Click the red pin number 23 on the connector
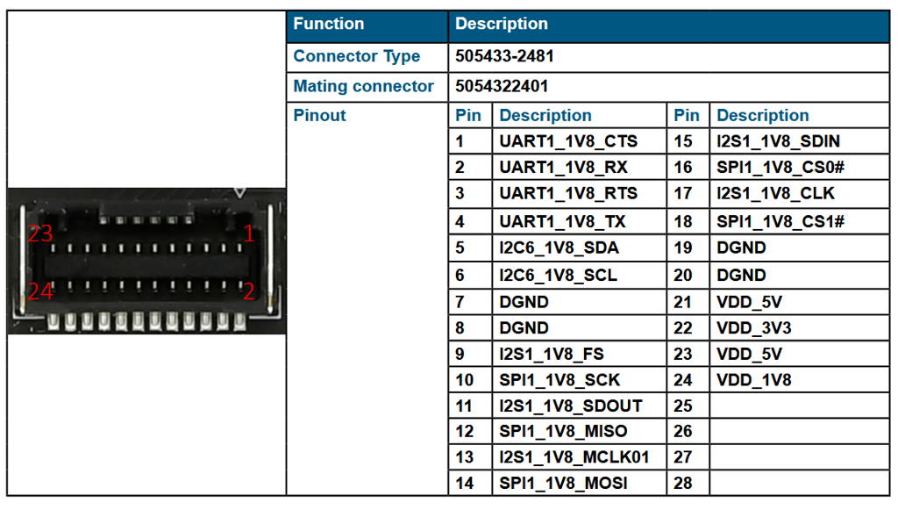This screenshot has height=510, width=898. click(x=39, y=234)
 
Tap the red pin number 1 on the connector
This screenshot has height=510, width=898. click(x=249, y=233)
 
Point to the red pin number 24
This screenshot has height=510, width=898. click(x=40, y=292)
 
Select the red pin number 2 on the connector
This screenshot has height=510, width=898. click(x=249, y=291)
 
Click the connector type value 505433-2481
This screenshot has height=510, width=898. click(x=504, y=57)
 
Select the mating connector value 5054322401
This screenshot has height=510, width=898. click(x=502, y=86)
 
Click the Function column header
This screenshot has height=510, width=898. click(x=328, y=25)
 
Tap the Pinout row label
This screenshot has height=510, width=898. click(x=319, y=116)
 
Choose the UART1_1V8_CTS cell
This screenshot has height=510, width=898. click(x=568, y=141)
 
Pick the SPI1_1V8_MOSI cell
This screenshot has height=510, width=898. click(x=563, y=484)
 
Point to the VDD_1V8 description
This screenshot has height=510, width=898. click(x=753, y=381)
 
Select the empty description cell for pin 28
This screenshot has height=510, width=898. click(x=798, y=484)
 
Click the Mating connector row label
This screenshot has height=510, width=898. click(x=363, y=86)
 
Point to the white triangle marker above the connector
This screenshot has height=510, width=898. click(x=240, y=191)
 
